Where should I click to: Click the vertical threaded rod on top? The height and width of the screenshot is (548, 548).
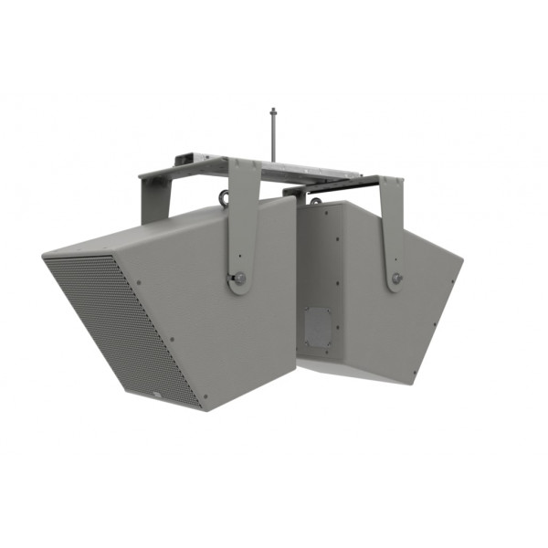pyautogui.click(x=272, y=137)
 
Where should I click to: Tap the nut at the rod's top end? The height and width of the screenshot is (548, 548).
pyautogui.click(x=272, y=112)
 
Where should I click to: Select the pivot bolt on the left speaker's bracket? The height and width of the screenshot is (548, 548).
pyautogui.click(x=239, y=279)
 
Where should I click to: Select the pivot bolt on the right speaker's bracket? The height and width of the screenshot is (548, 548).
pyautogui.click(x=395, y=279)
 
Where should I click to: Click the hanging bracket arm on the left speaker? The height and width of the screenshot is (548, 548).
pyautogui.click(x=241, y=228)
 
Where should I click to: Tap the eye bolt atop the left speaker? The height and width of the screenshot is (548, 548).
pyautogui.click(x=224, y=197)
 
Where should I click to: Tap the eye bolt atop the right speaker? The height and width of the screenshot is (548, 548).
pyautogui.click(x=315, y=199)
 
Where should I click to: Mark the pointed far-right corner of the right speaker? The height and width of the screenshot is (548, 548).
pyautogui.click(x=462, y=264)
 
